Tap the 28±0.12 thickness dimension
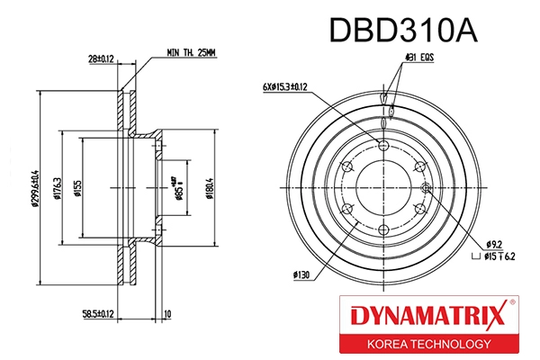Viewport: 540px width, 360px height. pyautogui.click(x=101, y=60)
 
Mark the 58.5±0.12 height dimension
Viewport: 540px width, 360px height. pyautogui.click(x=98, y=315)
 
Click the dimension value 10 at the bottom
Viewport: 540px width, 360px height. pyautogui.click(x=167, y=315)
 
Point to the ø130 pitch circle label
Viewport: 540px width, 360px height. pyautogui.click(x=302, y=274)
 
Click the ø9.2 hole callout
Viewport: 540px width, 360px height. pyautogui.click(x=493, y=243)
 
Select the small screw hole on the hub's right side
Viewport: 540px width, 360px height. pyautogui.click(x=426, y=187)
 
